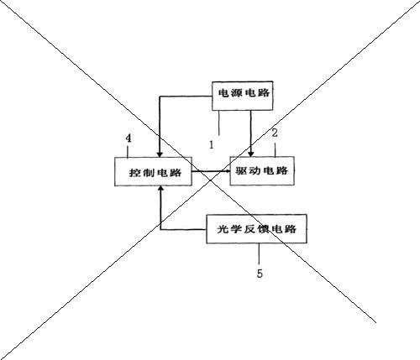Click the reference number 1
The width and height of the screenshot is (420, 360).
point(212,144)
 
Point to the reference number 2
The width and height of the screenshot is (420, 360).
point(275,133)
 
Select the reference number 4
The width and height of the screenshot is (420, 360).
point(129,138)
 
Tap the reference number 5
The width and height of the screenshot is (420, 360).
point(260,274)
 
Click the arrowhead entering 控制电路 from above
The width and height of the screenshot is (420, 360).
point(160,154)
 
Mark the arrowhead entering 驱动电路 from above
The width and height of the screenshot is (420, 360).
point(250,154)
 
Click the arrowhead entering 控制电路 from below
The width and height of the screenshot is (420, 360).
point(160,189)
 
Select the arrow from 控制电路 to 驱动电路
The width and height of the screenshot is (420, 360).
point(211,171)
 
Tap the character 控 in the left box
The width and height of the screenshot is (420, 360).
point(134,173)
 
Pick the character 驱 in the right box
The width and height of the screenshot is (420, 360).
point(241,170)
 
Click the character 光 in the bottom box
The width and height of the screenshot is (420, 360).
point(223,229)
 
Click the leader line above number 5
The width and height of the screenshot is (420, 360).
point(259,253)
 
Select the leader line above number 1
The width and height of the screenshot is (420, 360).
point(219,123)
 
